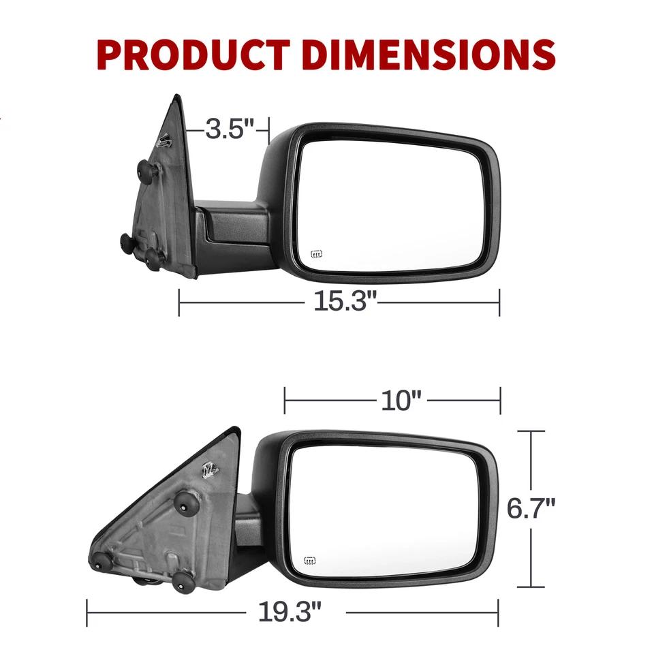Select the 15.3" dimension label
(x=345, y=301)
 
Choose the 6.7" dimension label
(x=531, y=508)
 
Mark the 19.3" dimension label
(x=289, y=612)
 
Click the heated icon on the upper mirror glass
(x=316, y=255)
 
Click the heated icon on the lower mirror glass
(x=309, y=561)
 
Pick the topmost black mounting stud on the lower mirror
(x=186, y=503)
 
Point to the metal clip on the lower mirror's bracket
(x=211, y=469)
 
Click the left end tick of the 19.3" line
(x=87, y=612)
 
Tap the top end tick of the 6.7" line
(x=531, y=431)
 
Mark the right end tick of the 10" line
(x=500, y=401)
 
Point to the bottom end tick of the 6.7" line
(x=531, y=587)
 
